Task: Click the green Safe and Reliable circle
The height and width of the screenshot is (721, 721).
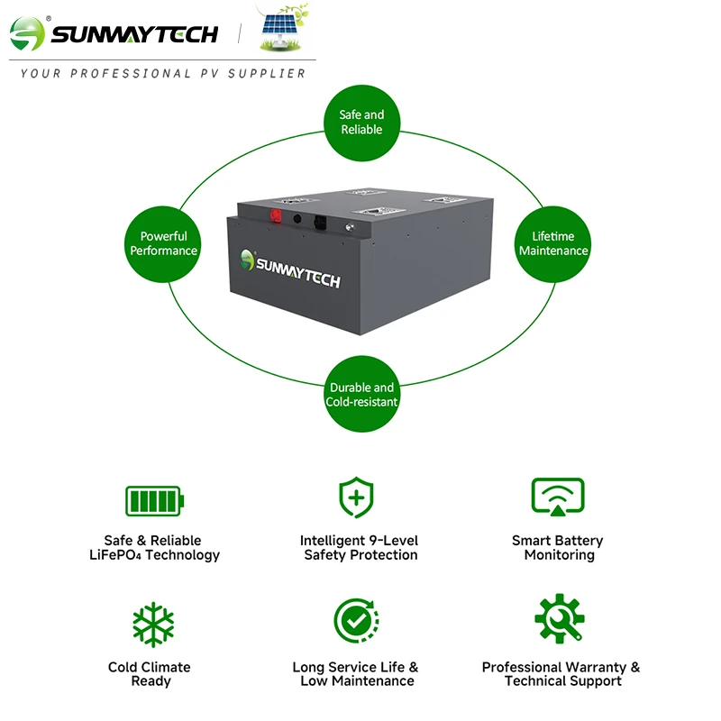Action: click(362, 123)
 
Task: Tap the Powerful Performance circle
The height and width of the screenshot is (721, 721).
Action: click(163, 243)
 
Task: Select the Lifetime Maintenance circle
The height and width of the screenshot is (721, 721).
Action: click(552, 243)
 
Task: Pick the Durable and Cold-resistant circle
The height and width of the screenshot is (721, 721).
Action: click(362, 394)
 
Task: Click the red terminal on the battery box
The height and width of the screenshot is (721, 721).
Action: click(276, 215)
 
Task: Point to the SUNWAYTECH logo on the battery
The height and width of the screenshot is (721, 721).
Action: click(290, 269)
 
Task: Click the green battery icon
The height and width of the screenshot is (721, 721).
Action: click(154, 501)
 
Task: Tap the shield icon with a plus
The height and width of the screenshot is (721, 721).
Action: click(356, 497)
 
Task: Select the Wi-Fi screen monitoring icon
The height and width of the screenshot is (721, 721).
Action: click(558, 497)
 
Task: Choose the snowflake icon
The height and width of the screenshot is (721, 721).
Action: click(153, 625)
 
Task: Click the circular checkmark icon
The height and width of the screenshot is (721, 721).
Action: click(356, 621)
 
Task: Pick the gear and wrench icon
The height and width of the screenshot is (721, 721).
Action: click(560, 618)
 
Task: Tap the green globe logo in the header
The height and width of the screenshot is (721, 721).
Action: click(27, 33)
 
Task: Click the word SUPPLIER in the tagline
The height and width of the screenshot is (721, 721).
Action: click(267, 74)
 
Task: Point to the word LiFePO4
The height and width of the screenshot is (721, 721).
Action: click(115, 555)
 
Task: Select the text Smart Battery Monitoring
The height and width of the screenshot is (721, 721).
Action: click(558, 548)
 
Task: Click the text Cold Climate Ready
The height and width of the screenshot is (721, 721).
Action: click(150, 674)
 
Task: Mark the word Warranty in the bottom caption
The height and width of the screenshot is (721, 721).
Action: click(596, 667)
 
